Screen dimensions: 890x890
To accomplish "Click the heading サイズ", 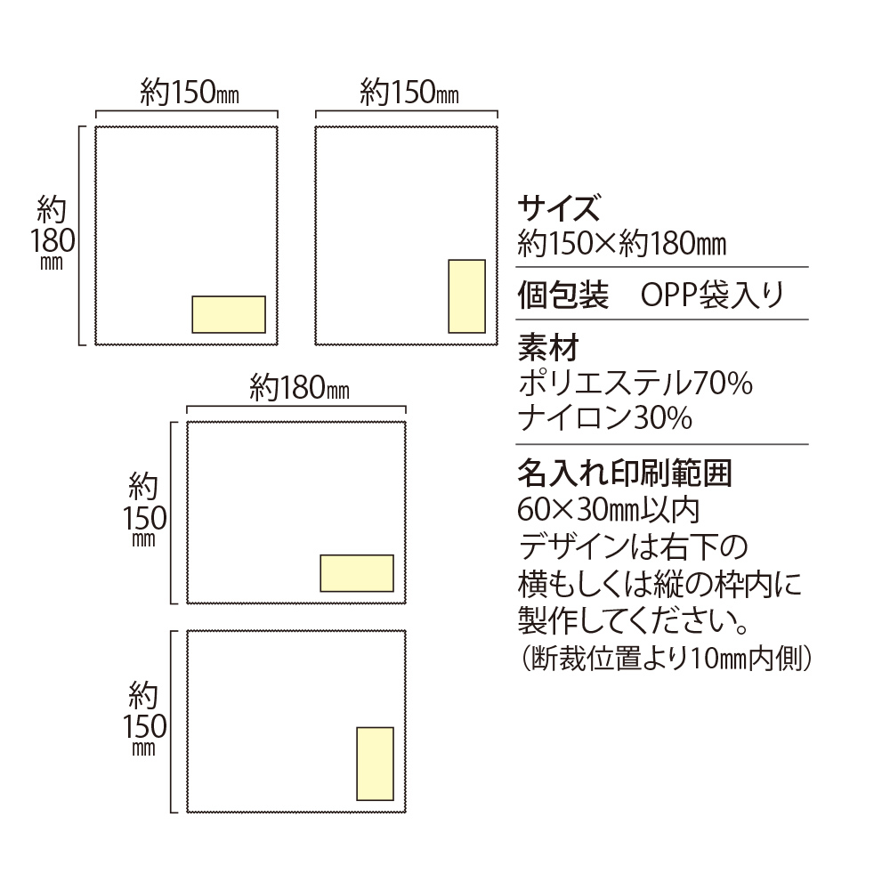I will coord(557,210).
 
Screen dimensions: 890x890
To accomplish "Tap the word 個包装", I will coord(562,295).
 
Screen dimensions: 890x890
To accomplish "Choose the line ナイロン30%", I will coord(605,417).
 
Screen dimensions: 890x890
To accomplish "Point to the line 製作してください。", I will coord(633,619).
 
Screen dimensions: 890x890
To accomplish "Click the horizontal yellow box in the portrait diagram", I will coord(229,314).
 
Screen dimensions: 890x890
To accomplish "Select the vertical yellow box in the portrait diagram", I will coord(466,296).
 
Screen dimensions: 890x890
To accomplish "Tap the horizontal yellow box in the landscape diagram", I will coord(357,573).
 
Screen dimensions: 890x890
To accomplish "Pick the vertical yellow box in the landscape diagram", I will coord(375,764).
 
